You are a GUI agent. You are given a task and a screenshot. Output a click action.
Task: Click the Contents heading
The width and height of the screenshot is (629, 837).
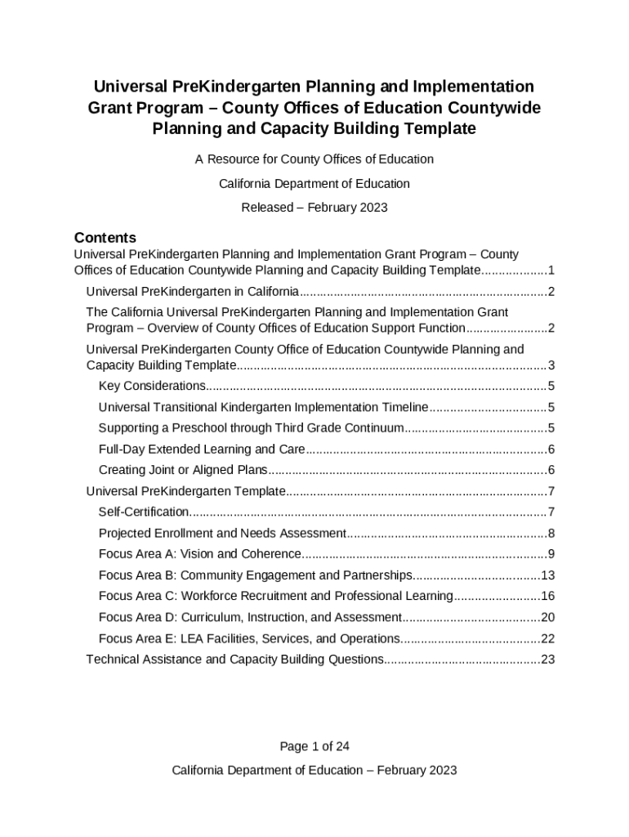[105, 238]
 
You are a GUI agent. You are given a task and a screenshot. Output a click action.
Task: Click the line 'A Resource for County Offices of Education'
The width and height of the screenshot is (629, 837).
[314, 159]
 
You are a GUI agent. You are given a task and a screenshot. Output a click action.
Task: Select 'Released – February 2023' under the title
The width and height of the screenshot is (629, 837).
[314, 208]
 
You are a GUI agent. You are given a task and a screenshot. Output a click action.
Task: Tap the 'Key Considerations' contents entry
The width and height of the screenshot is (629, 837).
[152, 386]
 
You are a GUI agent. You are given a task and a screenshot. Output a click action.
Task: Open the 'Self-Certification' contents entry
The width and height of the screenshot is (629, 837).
[144, 512]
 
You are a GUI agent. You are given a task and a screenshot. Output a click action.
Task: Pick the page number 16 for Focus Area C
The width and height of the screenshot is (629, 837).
[548, 597]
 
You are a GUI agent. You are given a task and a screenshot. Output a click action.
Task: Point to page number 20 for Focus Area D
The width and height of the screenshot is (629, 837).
[548, 618]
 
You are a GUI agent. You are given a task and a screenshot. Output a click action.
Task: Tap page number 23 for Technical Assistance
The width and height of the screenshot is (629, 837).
[548, 659]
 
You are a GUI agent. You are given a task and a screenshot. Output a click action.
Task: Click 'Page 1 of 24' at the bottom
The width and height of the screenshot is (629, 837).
[314, 746]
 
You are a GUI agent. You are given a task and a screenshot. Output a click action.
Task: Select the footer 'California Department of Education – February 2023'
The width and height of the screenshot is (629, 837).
[314, 771]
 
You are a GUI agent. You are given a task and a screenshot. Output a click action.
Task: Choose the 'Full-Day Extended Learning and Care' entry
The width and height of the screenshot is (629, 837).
[202, 450]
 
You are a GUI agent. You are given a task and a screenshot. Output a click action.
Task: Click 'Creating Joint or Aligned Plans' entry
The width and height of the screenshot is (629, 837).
[183, 470]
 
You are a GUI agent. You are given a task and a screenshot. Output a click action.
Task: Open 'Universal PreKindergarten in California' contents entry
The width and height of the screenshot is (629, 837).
[192, 292]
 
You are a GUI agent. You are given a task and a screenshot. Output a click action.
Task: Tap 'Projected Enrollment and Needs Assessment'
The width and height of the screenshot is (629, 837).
[222, 534]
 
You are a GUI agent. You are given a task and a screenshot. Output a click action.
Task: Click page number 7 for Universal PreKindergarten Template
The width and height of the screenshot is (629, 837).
[552, 491]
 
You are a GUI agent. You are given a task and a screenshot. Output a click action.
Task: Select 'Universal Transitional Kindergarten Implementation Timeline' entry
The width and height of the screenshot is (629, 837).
[263, 407]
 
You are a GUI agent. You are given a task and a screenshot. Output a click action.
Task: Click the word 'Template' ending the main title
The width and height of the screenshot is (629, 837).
[436, 129]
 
